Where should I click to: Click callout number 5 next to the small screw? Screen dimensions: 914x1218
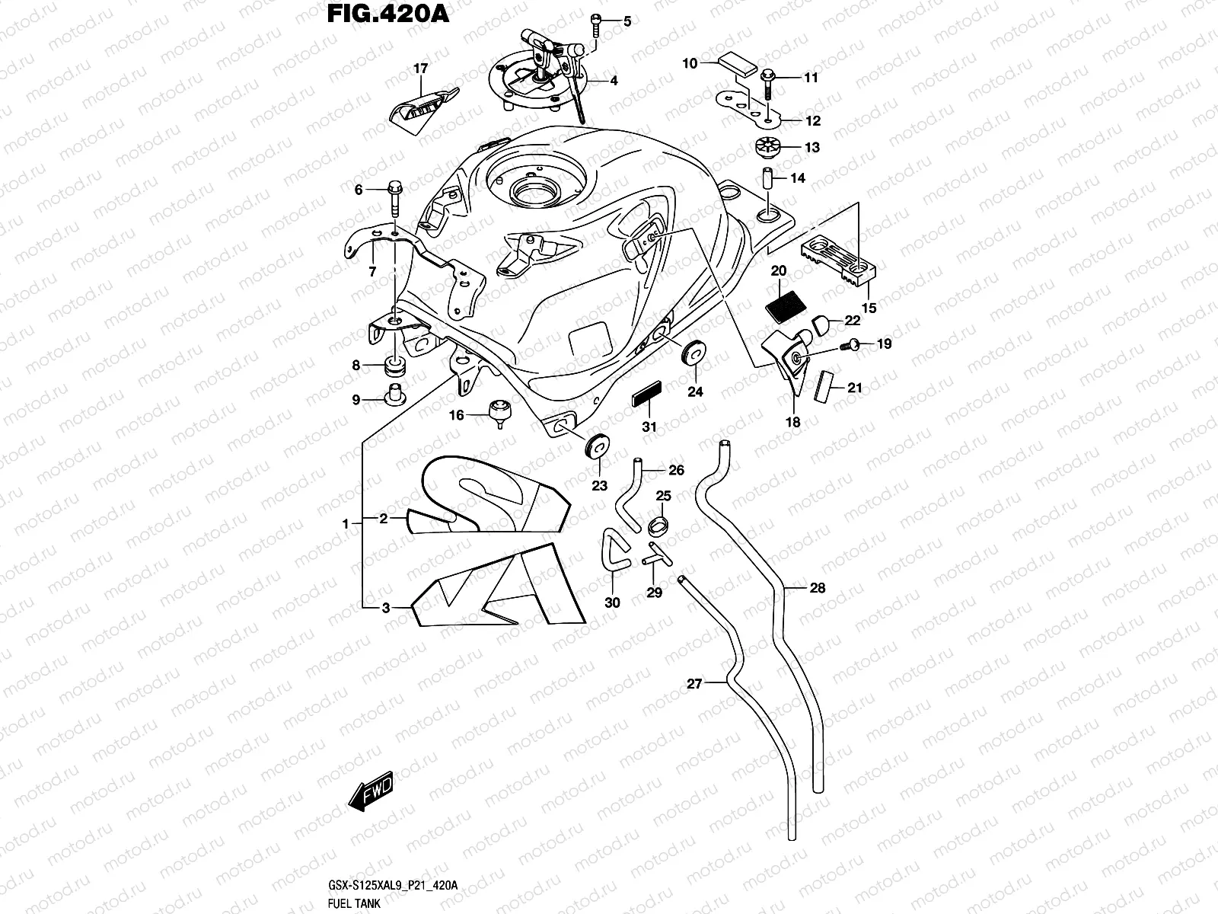point(627,21)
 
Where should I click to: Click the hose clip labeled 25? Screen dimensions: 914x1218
point(660,525)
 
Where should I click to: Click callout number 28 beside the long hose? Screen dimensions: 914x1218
point(817,587)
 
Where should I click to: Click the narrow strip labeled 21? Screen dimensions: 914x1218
point(823,387)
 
